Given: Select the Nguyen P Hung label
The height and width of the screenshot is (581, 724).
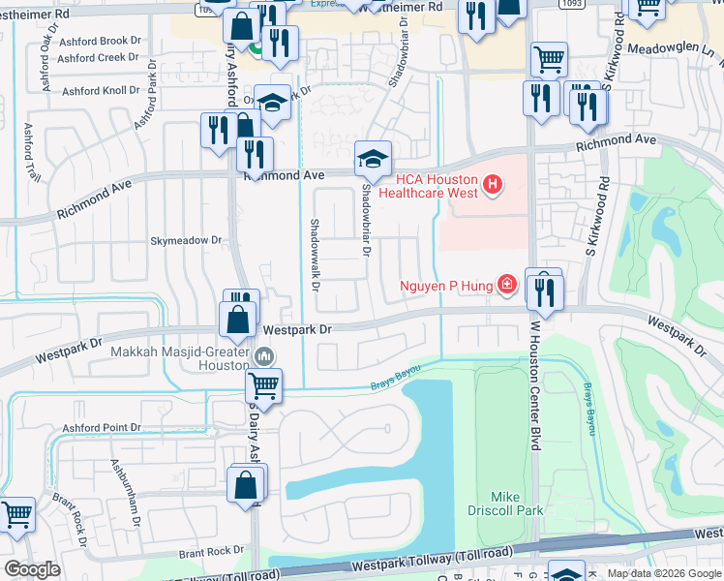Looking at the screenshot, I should pyautogui.click(x=446, y=285).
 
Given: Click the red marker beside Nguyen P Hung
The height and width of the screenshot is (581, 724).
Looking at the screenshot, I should pyautogui.click(x=505, y=284).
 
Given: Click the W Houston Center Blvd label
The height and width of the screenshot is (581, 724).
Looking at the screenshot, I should pyautogui.click(x=533, y=387).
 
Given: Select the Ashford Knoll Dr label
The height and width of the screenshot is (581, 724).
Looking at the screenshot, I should pyautogui.click(x=99, y=91).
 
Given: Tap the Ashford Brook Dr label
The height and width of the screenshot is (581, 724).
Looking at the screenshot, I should pyautogui.click(x=93, y=42).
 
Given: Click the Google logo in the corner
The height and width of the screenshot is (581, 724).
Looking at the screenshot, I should pyautogui.click(x=33, y=569).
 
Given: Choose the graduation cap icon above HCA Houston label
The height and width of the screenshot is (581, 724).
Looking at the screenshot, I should pyautogui.click(x=373, y=158).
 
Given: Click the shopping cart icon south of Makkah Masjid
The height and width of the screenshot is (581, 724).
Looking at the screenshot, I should pyautogui.click(x=263, y=386).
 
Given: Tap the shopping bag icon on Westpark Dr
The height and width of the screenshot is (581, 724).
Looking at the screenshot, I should pyautogui.click(x=238, y=319).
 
